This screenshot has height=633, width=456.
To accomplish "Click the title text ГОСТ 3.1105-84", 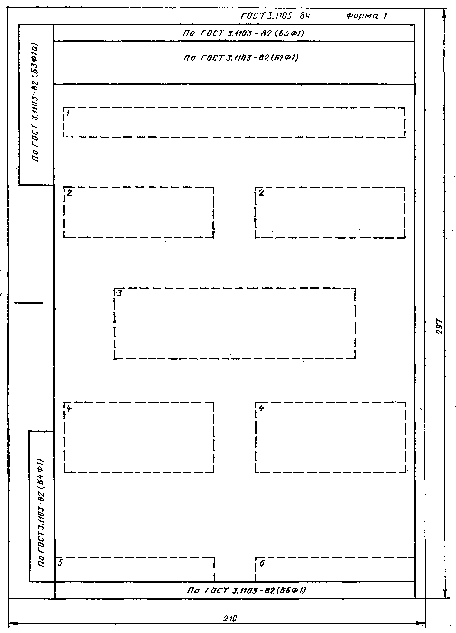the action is pos(276,16).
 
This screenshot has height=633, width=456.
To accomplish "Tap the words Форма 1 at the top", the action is pos(367,16).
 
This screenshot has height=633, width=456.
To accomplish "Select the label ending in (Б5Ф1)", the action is pos(243,33).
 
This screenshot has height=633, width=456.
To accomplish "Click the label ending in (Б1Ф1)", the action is pos(241,58).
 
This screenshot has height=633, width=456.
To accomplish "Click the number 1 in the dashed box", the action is pos(68,113).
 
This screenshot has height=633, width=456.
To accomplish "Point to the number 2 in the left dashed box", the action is pos(69,193).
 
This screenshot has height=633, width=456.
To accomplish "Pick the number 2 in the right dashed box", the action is pos(261,193).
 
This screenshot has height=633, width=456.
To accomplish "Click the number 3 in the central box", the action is pos(119,293).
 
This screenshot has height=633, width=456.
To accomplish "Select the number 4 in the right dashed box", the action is pos(261,408).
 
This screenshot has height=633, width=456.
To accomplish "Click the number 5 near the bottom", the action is pos(60,563).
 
